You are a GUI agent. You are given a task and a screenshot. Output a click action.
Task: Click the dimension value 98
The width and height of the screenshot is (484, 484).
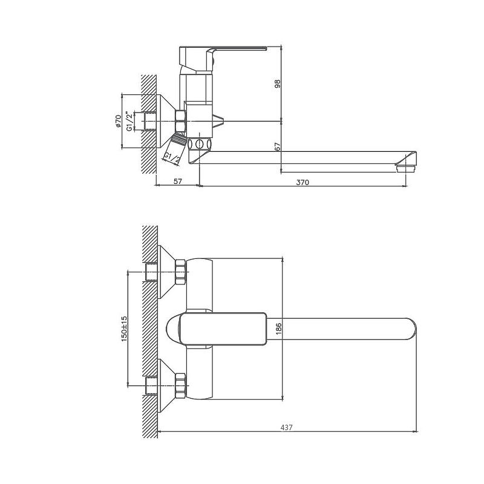pyautogui.click(x=278, y=84)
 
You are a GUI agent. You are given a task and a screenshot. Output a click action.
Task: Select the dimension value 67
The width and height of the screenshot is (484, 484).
pyautogui.click(x=278, y=146)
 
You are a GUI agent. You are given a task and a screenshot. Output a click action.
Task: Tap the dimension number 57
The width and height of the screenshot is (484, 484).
pyautogui.click(x=177, y=181)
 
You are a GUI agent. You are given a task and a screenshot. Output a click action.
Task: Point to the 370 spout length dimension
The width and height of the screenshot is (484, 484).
pyautogui.click(x=302, y=182)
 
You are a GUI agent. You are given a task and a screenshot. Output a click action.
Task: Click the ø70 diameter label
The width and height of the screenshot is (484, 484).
pyautogui.click(x=118, y=122)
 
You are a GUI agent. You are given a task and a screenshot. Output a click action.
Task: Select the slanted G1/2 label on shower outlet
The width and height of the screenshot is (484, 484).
pyautogui.click(x=172, y=159)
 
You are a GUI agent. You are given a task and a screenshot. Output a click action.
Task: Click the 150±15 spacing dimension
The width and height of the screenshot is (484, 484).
pyautogui.click(x=124, y=329)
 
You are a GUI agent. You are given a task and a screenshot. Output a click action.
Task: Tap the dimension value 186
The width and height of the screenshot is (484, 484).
pyautogui.click(x=278, y=329)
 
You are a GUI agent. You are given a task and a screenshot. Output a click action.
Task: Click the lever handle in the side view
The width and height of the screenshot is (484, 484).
pyautogui.click(x=223, y=59)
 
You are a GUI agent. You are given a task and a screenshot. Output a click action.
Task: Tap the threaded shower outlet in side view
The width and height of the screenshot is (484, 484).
pyautogui.click(x=178, y=139)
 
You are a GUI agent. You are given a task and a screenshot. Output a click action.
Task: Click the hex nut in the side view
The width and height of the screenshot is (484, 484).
pyautogui.click(x=180, y=122)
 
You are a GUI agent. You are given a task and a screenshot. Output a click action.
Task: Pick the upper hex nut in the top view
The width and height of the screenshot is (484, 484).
pyautogui.click(x=180, y=272)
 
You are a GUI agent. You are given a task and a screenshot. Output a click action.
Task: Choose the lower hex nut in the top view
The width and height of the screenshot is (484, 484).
pyautogui.click(x=180, y=385)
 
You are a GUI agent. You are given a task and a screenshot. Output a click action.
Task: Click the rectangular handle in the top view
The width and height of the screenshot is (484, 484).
pyautogui.click(x=223, y=329)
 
